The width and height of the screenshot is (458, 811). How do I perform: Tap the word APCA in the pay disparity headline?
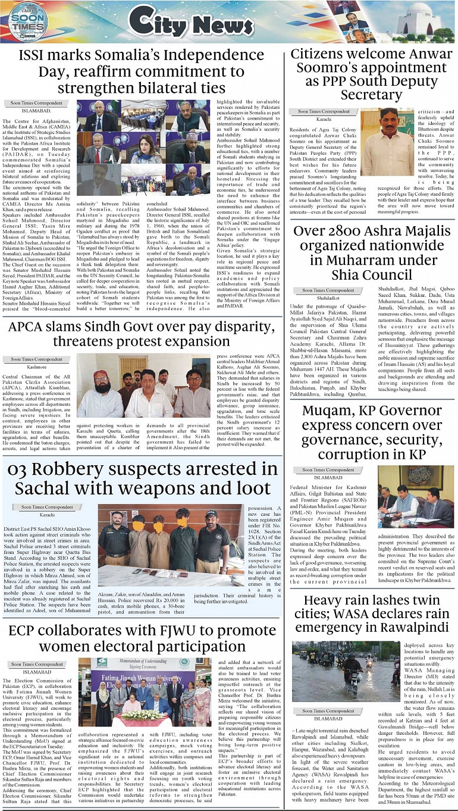pos(29,326)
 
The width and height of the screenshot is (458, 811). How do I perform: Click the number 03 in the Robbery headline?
pos(19,468)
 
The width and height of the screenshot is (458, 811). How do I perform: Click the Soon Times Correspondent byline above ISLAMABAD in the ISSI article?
pos(37,102)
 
